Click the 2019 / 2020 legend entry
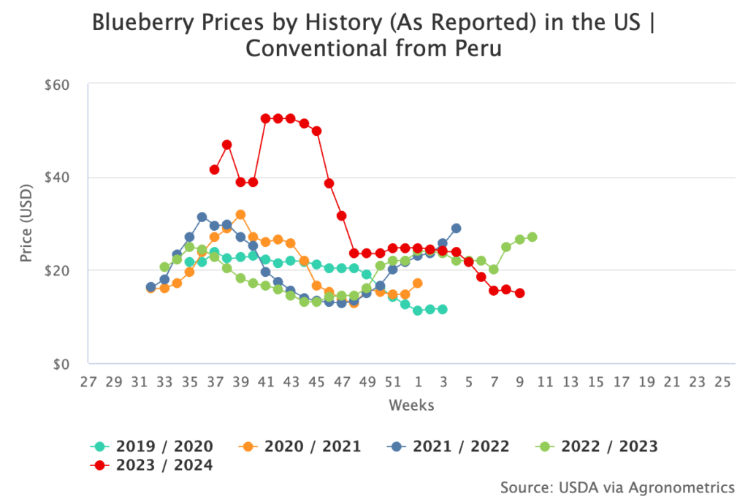tap(152, 446)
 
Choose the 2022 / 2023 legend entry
tap(597, 446)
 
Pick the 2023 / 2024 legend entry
tap(152, 465)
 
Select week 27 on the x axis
tap(88, 382)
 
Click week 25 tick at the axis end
tap(722, 382)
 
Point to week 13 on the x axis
tap(570, 382)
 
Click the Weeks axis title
tap(411, 405)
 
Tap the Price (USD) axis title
tap(26, 224)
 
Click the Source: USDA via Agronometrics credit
tap(617, 487)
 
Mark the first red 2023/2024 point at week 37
tap(214, 169)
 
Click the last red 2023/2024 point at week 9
tap(519, 293)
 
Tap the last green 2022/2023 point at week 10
tap(532, 237)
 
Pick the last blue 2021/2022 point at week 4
tap(456, 228)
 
